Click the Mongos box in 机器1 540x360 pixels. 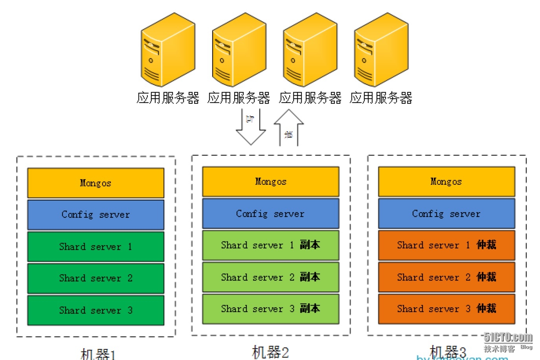pyautogui.click(x=96, y=183)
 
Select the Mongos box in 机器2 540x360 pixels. pyautogui.click(x=270, y=182)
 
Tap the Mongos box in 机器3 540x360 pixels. pyautogui.click(x=446, y=182)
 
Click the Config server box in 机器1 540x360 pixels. pyautogui.click(x=96, y=215)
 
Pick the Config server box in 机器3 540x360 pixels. pyautogui.click(x=446, y=213)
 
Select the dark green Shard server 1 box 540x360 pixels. pyautogui.click(x=96, y=246)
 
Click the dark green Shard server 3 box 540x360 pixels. pyautogui.click(x=96, y=310)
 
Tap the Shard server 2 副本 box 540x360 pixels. pyautogui.click(x=270, y=277)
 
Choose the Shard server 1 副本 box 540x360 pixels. pyautogui.click(x=270, y=245)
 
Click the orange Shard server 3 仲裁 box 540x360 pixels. pyautogui.click(x=446, y=309)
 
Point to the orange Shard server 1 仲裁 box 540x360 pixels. pyautogui.click(x=446, y=245)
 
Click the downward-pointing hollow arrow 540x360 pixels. pyautogui.click(x=251, y=128)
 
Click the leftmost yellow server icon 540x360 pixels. pyautogui.click(x=167, y=50)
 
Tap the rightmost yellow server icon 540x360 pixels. pyautogui.click(x=381, y=50)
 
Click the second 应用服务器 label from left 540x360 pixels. pyautogui.click(x=239, y=98)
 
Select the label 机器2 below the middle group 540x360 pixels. pyautogui.click(x=270, y=352)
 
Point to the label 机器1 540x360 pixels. pyautogui.click(x=98, y=354)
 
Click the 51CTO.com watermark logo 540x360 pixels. pyautogui.click(x=508, y=338)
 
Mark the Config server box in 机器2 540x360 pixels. pyautogui.click(x=270, y=213)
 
